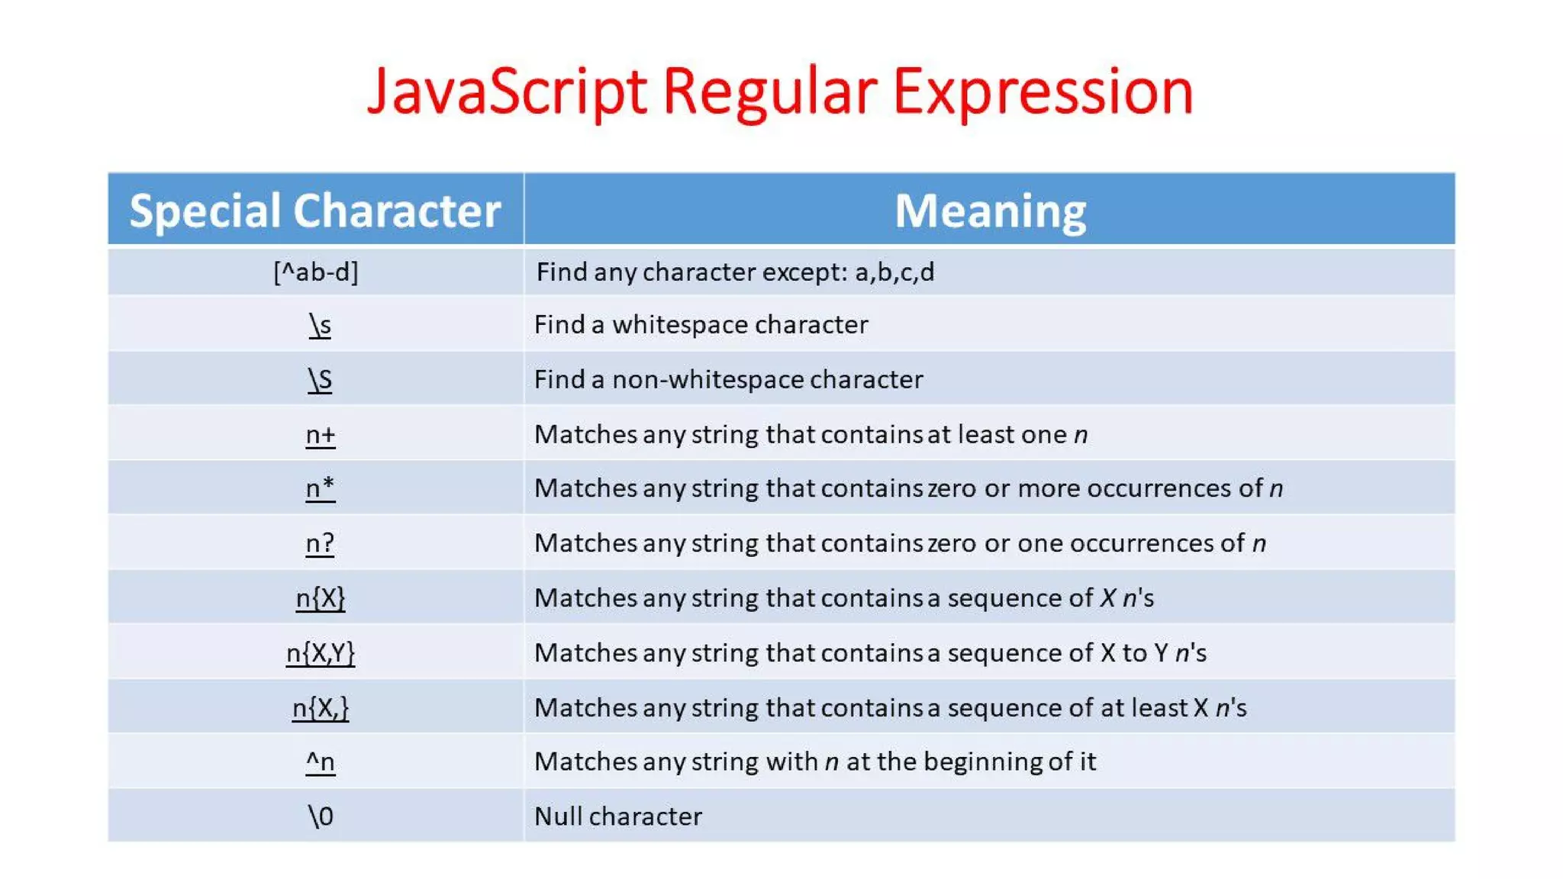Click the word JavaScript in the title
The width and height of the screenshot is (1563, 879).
click(x=507, y=92)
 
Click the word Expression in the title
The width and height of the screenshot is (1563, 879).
click(x=1043, y=92)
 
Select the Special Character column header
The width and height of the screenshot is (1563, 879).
click(x=315, y=211)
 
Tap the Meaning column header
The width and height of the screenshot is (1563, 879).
click(x=990, y=211)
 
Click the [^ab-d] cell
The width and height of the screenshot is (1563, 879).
click(x=316, y=272)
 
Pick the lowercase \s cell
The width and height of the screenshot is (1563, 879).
click(x=320, y=325)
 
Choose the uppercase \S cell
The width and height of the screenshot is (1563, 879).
click(x=320, y=379)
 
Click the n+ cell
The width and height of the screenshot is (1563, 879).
click(x=320, y=434)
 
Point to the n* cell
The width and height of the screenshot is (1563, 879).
click(x=320, y=488)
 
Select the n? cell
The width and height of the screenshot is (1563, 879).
click(x=320, y=543)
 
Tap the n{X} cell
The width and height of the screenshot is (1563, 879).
click(x=320, y=597)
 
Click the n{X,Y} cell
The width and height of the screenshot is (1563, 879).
click(x=320, y=653)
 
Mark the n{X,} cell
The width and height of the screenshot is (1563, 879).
click(x=320, y=708)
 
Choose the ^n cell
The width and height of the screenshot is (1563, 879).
click(x=320, y=761)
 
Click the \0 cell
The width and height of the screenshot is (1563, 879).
click(x=320, y=816)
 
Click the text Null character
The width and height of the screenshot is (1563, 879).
click(x=617, y=816)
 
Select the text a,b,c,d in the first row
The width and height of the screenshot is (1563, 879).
click(x=894, y=272)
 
